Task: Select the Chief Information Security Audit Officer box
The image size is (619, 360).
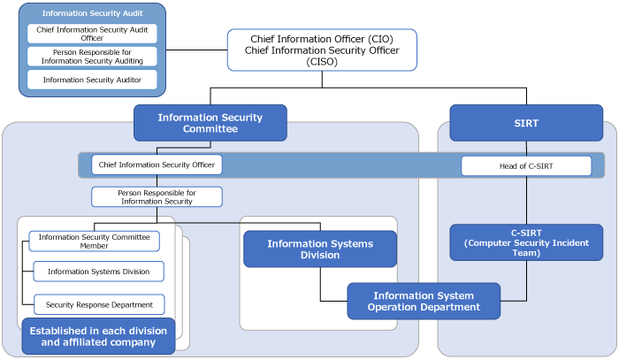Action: click(92, 34)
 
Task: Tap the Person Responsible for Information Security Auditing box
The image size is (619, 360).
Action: click(92, 57)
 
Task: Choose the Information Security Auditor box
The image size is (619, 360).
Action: click(92, 80)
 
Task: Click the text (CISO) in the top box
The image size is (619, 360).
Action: click(322, 62)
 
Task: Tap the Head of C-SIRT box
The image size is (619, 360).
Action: click(526, 165)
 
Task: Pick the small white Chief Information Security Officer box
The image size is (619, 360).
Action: click(157, 165)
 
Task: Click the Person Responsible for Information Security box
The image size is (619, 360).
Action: click(157, 196)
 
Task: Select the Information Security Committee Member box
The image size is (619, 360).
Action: click(94, 241)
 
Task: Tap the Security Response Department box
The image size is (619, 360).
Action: click(99, 304)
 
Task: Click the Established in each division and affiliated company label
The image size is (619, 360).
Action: click(98, 336)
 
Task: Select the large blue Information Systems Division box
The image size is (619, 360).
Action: click(320, 249)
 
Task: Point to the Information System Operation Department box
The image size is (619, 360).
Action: click(424, 301)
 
